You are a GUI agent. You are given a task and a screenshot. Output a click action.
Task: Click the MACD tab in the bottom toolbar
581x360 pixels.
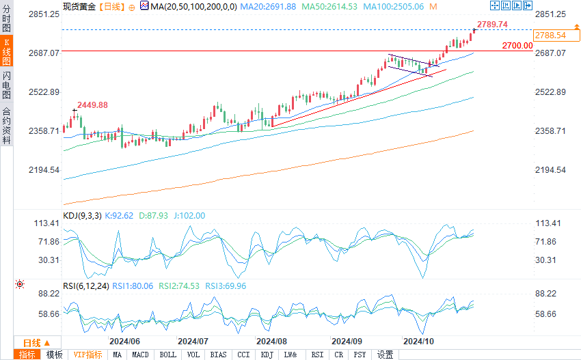[140, 355]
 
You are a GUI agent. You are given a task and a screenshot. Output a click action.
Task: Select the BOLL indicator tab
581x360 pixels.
[167, 355]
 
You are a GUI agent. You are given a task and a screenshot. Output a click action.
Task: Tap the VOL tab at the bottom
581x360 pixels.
[193, 355]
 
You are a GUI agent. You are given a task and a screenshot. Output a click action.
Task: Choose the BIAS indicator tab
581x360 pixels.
[219, 355]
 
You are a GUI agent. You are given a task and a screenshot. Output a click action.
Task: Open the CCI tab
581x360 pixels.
[243, 355]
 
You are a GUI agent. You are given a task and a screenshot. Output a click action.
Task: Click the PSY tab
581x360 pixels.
[360, 355]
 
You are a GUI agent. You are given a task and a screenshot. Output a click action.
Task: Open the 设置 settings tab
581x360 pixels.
[386, 355]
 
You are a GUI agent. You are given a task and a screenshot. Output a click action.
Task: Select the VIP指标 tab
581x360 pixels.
[87, 355]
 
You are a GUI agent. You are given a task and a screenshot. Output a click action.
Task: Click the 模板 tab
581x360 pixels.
[54, 355]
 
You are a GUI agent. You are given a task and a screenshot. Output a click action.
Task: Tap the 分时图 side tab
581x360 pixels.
[6, 18]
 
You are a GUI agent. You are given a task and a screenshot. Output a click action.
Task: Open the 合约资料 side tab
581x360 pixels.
[6, 126]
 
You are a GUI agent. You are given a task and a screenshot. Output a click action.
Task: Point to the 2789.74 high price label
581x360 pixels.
[492, 25]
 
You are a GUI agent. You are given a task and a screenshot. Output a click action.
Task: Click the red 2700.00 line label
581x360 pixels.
[517, 46]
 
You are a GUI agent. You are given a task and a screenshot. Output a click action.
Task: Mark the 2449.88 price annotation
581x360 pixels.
[92, 105]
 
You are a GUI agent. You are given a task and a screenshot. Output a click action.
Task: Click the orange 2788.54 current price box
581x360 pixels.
[550, 36]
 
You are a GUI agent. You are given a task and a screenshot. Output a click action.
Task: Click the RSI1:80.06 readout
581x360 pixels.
[133, 286]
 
